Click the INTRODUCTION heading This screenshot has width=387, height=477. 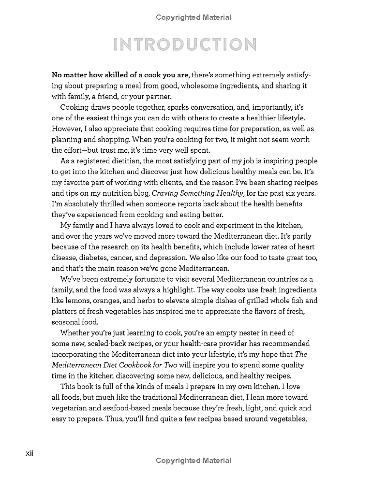[184, 45]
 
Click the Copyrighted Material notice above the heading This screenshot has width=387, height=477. [193, 18]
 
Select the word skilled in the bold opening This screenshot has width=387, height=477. [112, 75]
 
